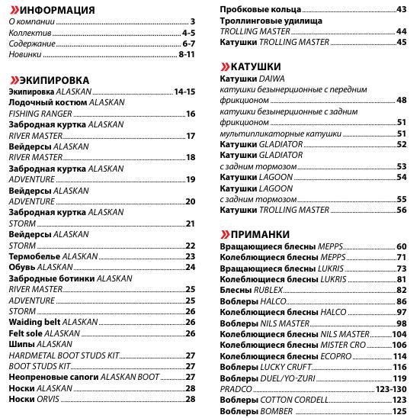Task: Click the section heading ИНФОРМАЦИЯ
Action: (58, 10)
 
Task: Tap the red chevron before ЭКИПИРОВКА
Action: (13, 79)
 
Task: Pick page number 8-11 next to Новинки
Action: (187, 56)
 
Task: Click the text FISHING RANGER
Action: (40, 114)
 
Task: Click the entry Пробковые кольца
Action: (259, 9)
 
